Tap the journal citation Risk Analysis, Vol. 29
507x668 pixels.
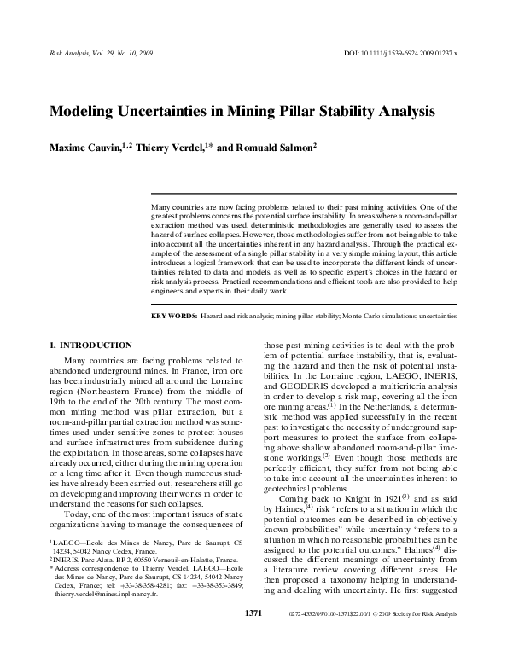[x=93, y=54]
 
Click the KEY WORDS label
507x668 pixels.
[x=173, y=315]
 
